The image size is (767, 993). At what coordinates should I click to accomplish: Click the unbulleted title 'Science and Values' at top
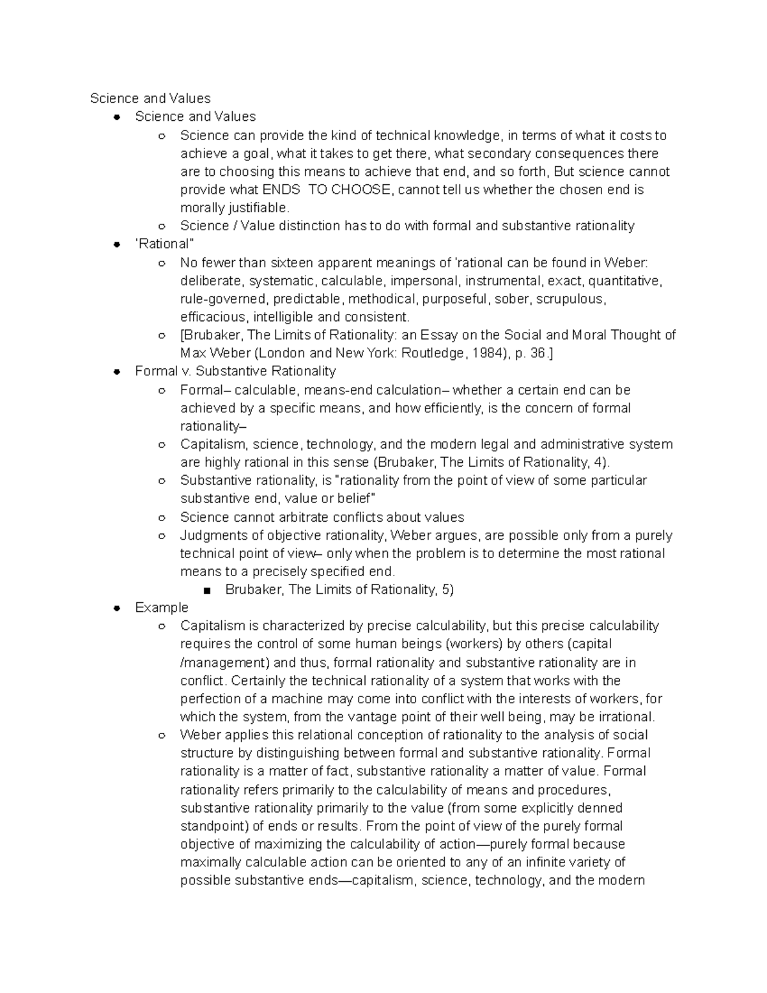pyautogui.click(x=150, y=98)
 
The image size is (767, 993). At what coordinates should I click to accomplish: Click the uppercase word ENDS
pyautogui.click(x=281, y=190)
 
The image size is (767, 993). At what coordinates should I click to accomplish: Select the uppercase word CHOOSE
pyautogui.click(x=359, y=190)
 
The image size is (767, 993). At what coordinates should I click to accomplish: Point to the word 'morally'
pyautogui.click(x=201, y=208)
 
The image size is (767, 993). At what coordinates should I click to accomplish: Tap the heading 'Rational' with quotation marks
pyautogui.click(x=164, y=244)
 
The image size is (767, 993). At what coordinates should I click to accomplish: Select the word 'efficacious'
pyautogui.click(x=213, y=317)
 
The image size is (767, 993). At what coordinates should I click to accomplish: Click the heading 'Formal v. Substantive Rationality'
pyautogui.click(x=235, y=371)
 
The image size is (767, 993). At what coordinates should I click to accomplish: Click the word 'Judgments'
pyautogui.click(x=211, y=535)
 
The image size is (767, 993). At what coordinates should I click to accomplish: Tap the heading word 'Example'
pyautogui.click(x=162, y=607)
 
